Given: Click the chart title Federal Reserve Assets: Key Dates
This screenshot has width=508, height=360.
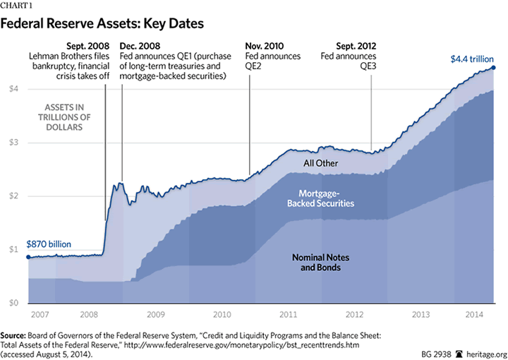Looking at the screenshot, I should click(x=104, y=24).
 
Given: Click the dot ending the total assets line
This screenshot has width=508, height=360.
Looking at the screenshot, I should click(x=493, y=68).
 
